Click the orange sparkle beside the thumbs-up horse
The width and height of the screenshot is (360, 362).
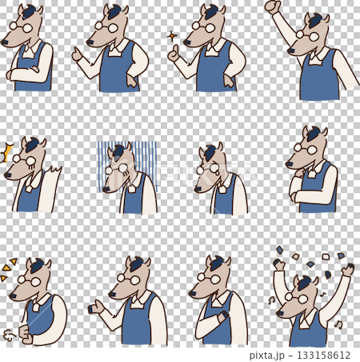172,36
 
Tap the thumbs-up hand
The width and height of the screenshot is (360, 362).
174,55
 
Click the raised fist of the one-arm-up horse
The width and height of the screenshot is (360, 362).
273,6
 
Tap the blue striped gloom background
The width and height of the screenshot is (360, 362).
127,166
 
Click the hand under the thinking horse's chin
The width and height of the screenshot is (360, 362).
300,174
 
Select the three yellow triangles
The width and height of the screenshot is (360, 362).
8,268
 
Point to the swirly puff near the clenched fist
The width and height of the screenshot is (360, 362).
9,335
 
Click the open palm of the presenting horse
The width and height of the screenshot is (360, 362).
96,308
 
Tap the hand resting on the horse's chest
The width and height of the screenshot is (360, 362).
223,318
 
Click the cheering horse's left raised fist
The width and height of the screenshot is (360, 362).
279,264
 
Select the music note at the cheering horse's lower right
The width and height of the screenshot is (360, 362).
339,324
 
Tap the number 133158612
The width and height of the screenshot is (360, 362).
324,355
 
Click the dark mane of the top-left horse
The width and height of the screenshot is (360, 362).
30,12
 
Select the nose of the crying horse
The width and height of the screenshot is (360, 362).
198,189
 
